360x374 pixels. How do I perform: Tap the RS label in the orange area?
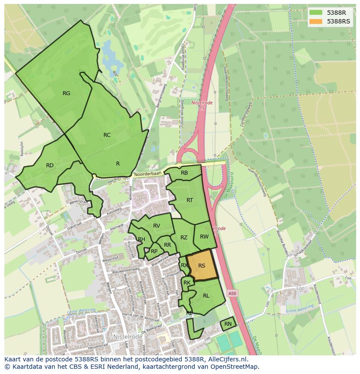pyautogui.click(x=202, y=266)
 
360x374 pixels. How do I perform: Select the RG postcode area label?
pyautogui.click(x=66, y=93)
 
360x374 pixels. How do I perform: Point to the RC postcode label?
pyautogui.click(x=107, y=135)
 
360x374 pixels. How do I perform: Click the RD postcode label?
pyautogui.click(x=50, y=165)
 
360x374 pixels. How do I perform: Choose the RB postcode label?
pyautogui.click(x=184, y=173)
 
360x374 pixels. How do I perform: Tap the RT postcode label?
pyautogui.click(x=190, y=200)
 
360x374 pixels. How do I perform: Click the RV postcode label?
pyautogui.click(x=157, y=225)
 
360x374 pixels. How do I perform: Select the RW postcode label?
pyautogui.click(x=204, y=237)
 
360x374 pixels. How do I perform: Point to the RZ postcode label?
pyautogui.click(x=184, y=238)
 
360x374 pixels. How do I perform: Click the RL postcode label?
pyautogui.click(x=206, y=296)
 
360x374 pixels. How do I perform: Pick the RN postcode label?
pyautogui.click(x=228, y=324)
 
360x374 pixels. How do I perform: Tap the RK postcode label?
pyautogui.click(x=187, y=283)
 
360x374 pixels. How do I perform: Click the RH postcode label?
pyautogui.click(x=141, y=239)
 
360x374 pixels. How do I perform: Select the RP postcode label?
pyautogui.click(x=154, y=251)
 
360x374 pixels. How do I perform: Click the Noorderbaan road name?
pyautogui.click(x=148, y=174)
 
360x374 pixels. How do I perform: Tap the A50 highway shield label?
pyautogui.click(x=233, y=294)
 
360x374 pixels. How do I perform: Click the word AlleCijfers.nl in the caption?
pyautogui.click(x=227, y=360)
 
